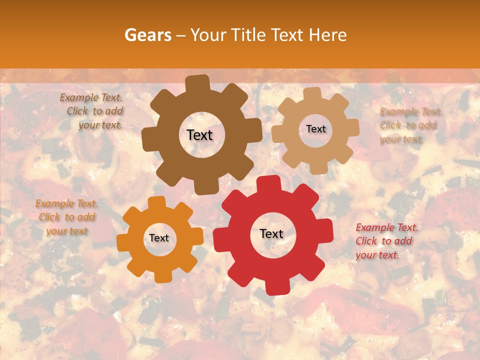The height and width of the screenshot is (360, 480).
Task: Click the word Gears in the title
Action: click(147, 35)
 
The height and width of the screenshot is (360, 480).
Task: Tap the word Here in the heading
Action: click(327, 35)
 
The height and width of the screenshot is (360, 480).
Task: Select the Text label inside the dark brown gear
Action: click(200, 135)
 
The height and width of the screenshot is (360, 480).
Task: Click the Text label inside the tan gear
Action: click(315, 129)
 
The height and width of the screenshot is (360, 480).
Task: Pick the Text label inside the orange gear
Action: click(159, 238)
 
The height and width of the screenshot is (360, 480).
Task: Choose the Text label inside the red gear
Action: click(271, 234)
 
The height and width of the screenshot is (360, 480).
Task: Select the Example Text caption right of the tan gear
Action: click(410, 125)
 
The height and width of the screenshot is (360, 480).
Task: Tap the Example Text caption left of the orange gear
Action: click(66, 217)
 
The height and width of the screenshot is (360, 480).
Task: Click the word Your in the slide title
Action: click(208, 35)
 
